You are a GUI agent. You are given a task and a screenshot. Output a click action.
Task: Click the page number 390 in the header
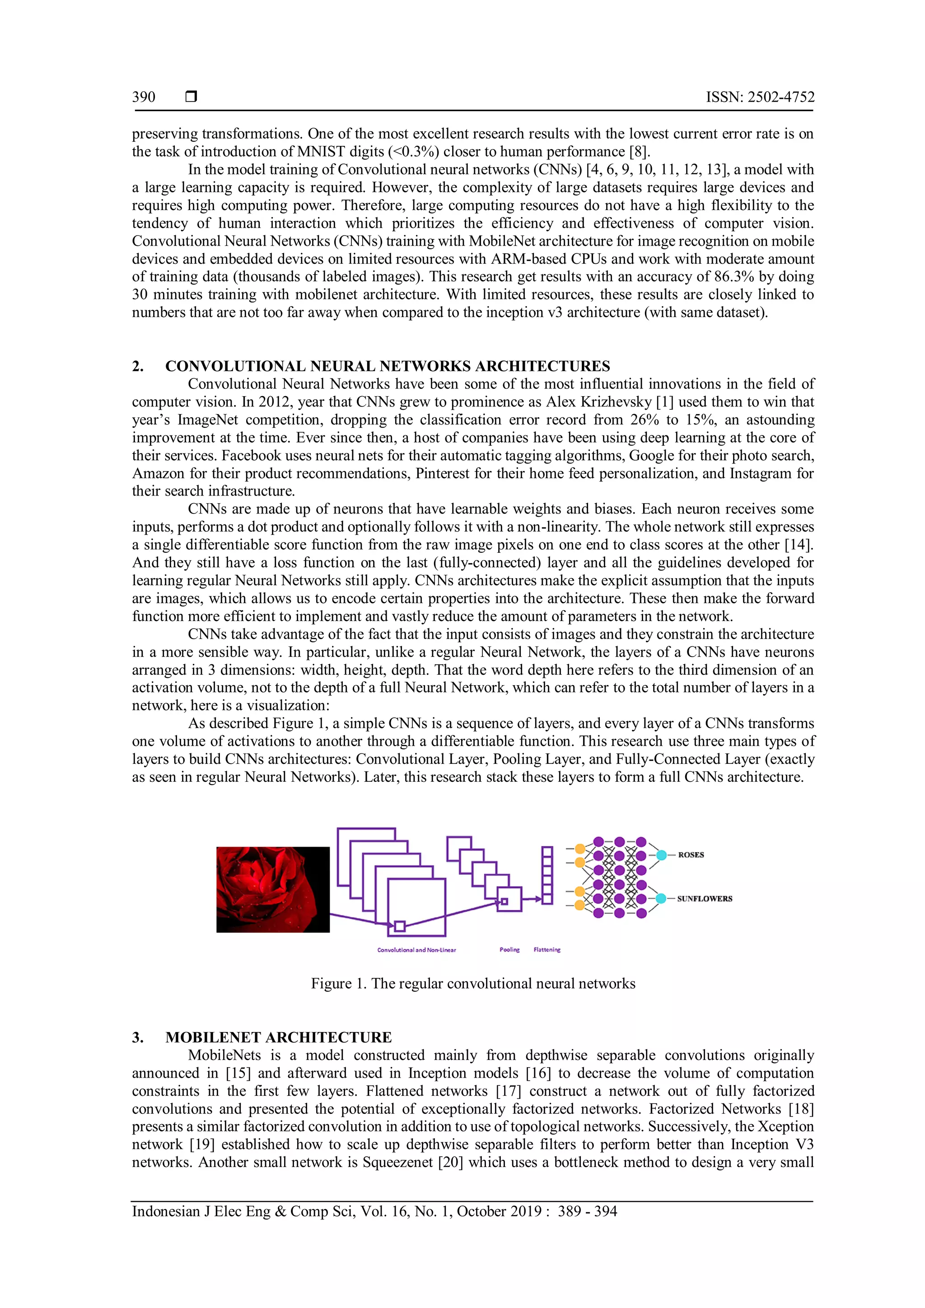(144, 97)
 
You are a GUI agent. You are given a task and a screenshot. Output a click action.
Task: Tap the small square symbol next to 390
(192, 97)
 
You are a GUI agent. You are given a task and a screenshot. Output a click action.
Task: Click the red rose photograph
(273, 889)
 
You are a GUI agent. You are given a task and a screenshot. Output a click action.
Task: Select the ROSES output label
(691, 855)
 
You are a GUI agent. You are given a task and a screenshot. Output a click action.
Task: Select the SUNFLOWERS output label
(705, 898)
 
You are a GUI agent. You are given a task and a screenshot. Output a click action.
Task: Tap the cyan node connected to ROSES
(661, 855)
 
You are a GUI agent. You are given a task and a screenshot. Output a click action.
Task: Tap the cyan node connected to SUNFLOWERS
(661, 898)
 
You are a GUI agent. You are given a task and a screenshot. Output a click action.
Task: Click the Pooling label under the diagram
(509, 950)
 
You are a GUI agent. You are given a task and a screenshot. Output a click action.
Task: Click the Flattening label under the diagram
(547, 950)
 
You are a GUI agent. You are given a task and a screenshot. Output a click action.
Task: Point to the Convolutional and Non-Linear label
(416, 950)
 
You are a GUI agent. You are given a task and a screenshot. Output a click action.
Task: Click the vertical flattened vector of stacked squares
(547, 875)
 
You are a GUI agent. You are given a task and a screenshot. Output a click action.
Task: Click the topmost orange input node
(580, 849)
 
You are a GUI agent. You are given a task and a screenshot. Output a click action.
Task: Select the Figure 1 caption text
(473, 984)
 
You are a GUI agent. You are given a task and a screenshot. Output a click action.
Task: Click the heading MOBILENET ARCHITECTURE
(279, 1037)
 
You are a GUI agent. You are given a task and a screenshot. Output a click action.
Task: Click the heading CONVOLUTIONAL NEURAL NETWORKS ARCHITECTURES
(388, 366)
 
